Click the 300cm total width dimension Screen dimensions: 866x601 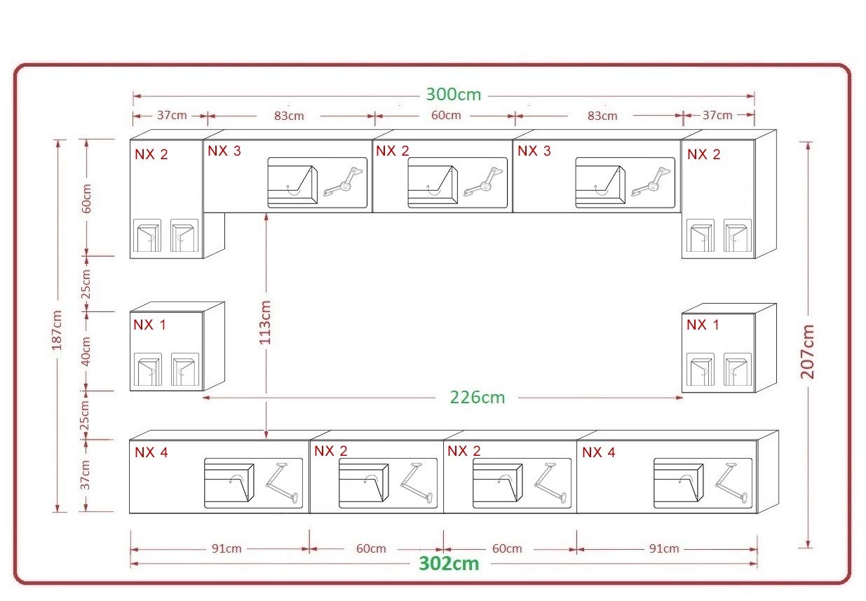pos(454,95)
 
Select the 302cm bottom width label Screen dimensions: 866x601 pos(449,564)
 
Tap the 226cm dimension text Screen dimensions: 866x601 pos(478,397)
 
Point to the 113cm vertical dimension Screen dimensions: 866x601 pos(265,322)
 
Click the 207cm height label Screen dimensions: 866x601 pos(807,351)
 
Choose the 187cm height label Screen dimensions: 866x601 pos(57,330)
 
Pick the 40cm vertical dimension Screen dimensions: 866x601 pos(86,351)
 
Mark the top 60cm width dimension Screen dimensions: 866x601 pos(446,115)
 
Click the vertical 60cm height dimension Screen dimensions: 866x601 pos(86,198)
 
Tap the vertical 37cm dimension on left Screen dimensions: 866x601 pos(85,475)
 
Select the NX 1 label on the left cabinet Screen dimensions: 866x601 pos(149,325)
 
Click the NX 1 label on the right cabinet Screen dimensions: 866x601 pos(703,325)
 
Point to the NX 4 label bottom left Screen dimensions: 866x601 pos(151,452)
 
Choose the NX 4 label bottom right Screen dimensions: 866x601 pos(598,452)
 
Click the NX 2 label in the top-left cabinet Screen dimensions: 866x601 pos(151,154)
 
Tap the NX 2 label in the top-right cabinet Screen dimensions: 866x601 pos(703,154)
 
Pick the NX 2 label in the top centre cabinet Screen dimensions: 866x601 pos(393,151)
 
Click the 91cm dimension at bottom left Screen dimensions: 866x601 pos(226,548)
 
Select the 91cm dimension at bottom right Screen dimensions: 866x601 pos(664,548)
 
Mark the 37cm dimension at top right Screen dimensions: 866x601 pos(717,115)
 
